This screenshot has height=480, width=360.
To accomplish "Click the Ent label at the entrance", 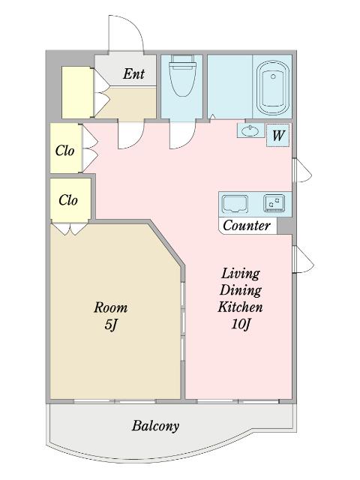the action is point(133,73).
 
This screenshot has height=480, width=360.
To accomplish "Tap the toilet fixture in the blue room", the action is point(183,75).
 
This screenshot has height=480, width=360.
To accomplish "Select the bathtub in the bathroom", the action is point(273,88).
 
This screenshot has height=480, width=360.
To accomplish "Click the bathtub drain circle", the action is point(273,76).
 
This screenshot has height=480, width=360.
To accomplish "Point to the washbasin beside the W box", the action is point(250,131).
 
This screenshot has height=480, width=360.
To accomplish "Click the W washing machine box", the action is point(278,135).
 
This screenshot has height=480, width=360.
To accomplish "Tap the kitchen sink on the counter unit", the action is point(235,203).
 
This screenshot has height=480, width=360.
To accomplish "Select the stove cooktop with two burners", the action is point(274,203).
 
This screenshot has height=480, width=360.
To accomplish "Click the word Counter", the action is point(247,226).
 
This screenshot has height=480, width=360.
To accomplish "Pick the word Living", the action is point(241,273).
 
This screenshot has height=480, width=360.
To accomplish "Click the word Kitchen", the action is point(240,307).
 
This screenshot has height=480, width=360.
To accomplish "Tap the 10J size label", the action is point(241,324).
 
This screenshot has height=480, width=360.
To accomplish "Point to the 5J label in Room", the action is point(111,325).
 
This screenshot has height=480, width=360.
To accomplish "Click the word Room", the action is point(110,307).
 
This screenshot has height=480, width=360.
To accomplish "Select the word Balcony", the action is point(155,426).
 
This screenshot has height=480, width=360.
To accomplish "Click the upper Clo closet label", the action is point(65,151).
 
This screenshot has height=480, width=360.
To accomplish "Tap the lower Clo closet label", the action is point(68,200).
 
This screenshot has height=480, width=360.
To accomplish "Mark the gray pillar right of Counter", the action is point(284,226).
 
